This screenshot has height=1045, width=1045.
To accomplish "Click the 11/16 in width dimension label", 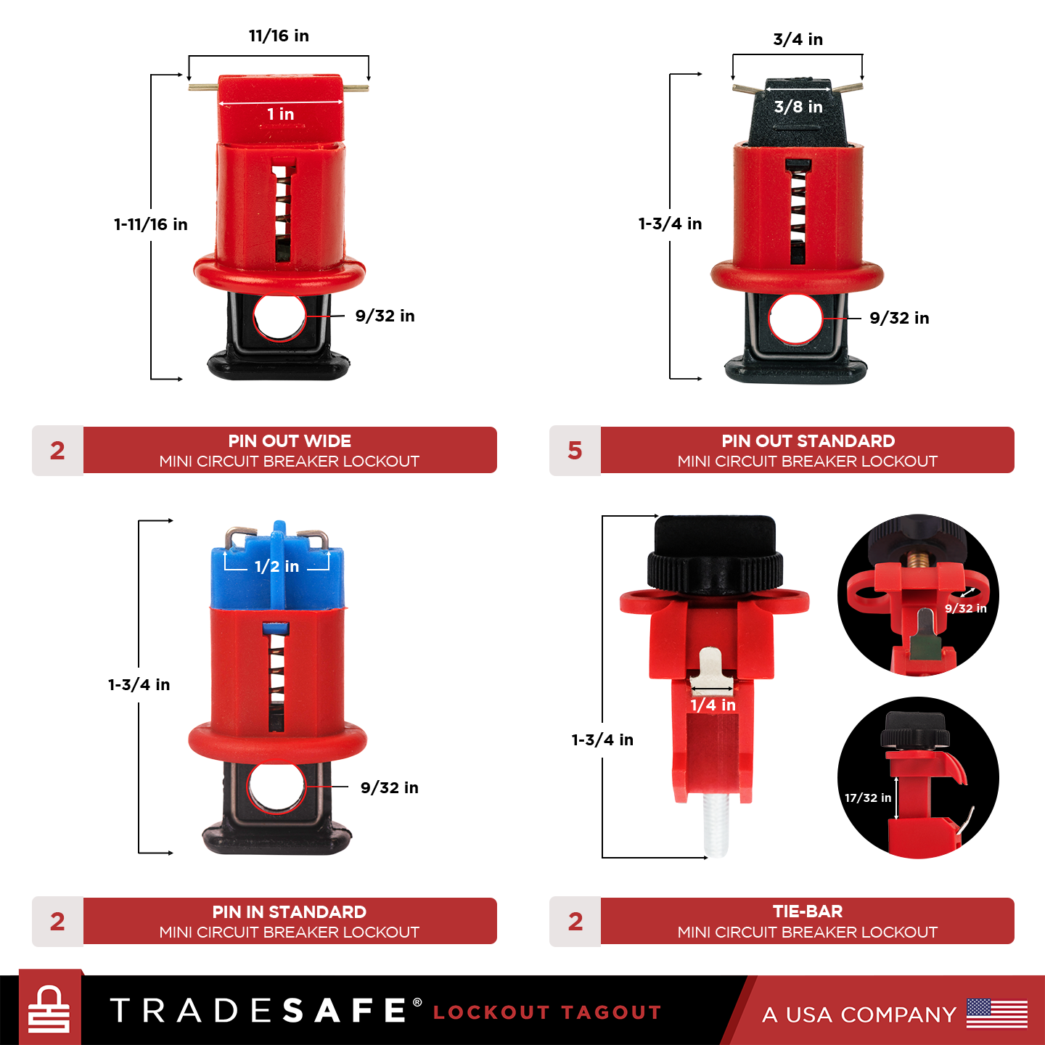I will (x=279, y=36).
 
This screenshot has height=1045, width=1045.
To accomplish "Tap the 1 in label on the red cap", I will (x=280, y=114).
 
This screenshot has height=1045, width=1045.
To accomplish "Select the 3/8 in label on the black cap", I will (x=798, y=107).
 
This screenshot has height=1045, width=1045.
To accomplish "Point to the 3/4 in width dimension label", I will (x=798, y=39).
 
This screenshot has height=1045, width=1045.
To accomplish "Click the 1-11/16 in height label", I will (x=150, y=224).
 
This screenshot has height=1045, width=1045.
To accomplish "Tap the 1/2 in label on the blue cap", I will (x=276, y=566).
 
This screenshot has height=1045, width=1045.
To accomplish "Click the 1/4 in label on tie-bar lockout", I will (x=713, y=705).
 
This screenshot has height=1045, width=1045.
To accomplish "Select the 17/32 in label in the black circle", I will (x=867, y=798).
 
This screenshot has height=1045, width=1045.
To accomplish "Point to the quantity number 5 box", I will (x=575, y=451).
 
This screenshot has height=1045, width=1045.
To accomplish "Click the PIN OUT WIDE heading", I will (x=290, y=441).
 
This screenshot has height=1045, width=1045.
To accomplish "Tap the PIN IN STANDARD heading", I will (x=290, y=912).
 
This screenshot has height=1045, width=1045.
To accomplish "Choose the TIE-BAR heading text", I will (x=808, y=911).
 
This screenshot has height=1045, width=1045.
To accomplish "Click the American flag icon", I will (x=997, y=1014).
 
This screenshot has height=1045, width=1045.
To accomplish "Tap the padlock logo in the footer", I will (x=49, y=1009).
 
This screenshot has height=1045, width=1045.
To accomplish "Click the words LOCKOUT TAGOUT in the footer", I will (x=547, y=1012).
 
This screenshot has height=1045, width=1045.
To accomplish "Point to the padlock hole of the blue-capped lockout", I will (x=276, y=788).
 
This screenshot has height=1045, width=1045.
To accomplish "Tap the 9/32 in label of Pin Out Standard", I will (x=899, y=318).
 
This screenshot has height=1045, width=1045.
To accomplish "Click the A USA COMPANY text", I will (x=859, y=1015).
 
